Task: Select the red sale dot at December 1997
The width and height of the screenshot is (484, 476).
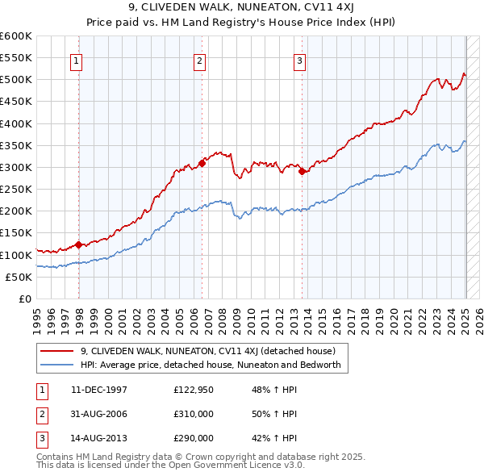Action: (78, 244)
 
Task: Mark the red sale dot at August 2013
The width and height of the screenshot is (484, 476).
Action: (302, 171)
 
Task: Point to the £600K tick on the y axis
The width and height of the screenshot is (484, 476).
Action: (15, 36)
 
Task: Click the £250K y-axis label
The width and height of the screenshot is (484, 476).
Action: (15, 189)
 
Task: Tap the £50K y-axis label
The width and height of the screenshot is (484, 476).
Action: (18, 277)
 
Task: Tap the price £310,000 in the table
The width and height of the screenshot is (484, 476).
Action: (194, 414)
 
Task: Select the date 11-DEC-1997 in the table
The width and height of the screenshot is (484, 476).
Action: (98, 390)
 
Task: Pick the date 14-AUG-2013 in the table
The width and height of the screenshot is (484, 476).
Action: (98, 438)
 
